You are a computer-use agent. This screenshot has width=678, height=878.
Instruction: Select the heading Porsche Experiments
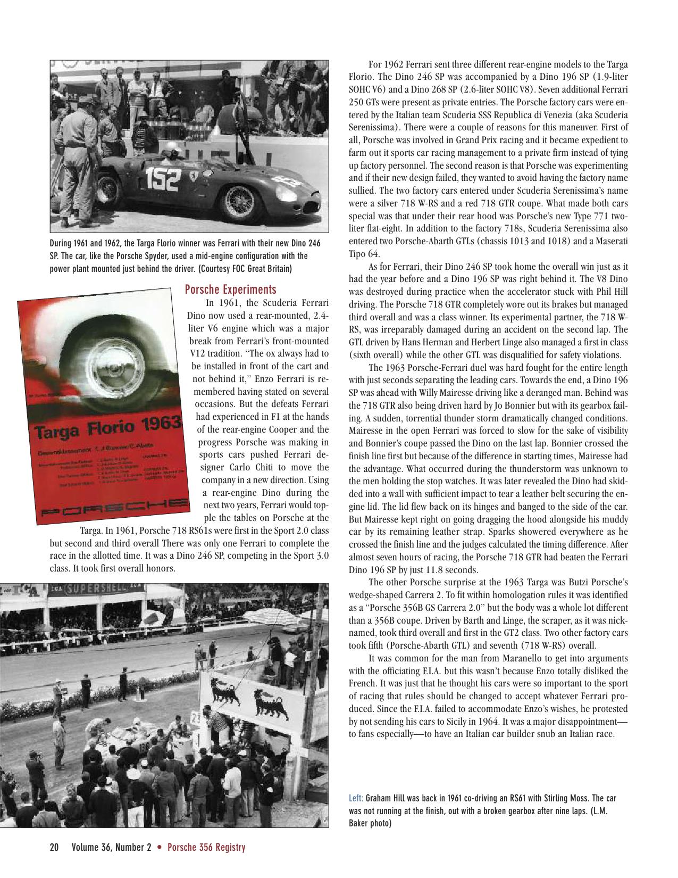230,289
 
